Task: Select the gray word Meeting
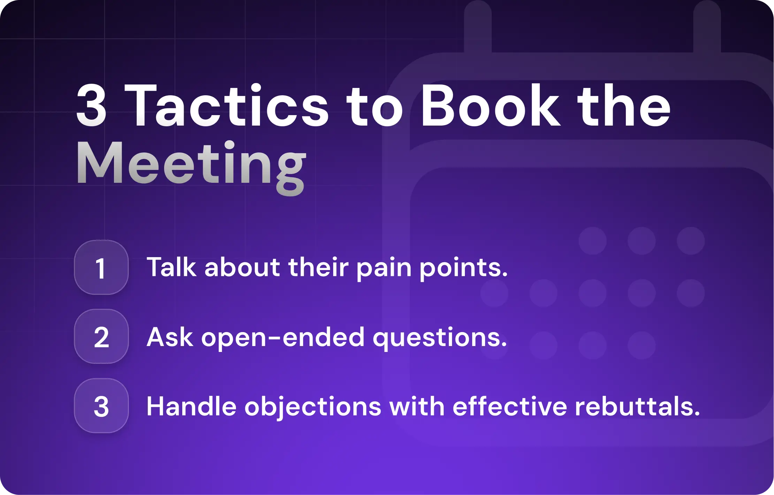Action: point(191,164)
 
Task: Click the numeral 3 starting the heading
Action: point(91,106)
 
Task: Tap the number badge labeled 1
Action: point(101,268)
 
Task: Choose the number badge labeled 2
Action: point(101,337)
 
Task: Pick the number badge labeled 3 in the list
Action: point(101,406)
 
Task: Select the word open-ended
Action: point(283,338)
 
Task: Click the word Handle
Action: point(191,406)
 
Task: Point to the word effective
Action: point(509,406)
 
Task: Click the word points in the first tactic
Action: point(463,268)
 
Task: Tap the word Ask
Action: point(170,337)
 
